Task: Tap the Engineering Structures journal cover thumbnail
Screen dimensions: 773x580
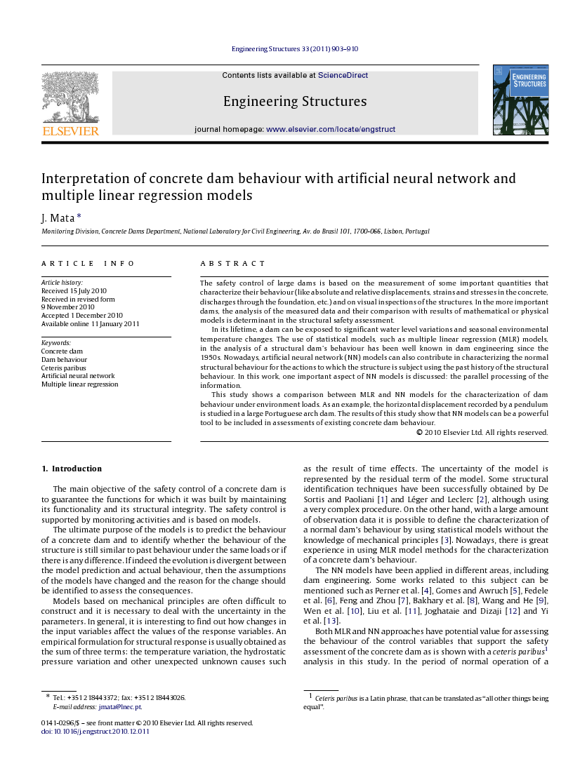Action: point(520,100)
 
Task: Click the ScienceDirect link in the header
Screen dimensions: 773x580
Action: point(343,76)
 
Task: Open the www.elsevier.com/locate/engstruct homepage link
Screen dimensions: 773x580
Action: point(331,130)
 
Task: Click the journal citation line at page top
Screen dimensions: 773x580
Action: point(295,49)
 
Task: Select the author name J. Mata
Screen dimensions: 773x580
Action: point(58,218)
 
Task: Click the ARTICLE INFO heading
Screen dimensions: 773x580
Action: point(88,264)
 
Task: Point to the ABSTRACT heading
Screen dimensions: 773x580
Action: point(233,264)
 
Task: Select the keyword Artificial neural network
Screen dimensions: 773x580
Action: point(78,376)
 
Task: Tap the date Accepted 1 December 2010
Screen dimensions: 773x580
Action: point(82,316)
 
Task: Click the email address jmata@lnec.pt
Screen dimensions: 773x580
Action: point(119,707)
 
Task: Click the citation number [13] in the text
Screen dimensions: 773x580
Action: point(331,621)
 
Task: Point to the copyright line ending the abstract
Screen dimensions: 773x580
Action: point(482,433)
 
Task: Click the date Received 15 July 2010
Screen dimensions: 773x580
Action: point(74,290)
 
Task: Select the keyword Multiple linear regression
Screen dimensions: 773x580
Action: point(79,384)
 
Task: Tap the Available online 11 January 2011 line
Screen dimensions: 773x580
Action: point(90,324)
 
